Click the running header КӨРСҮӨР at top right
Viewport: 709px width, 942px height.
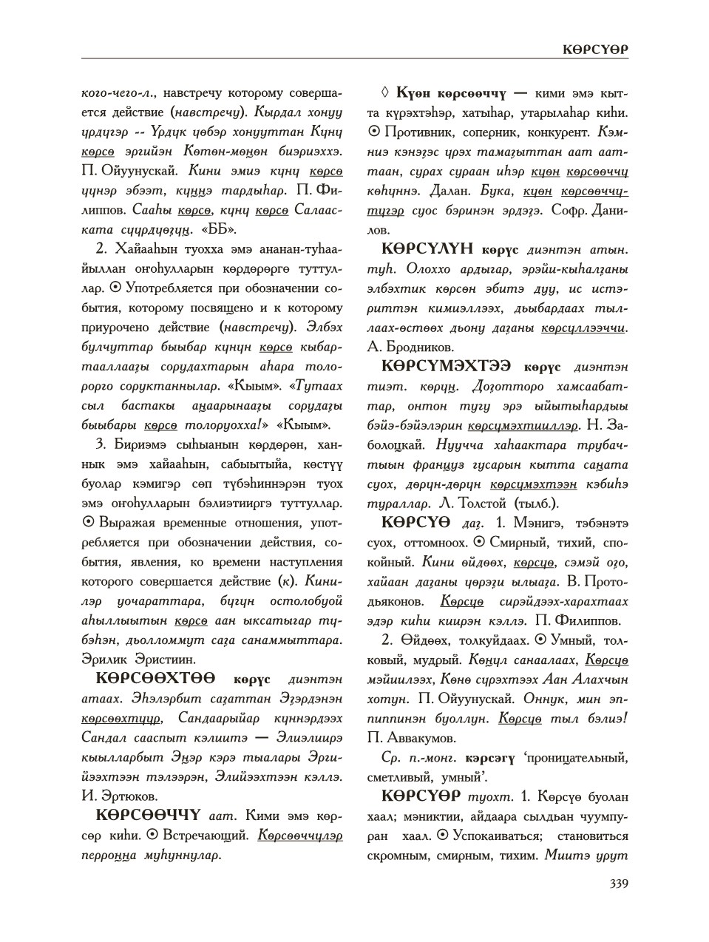tap(594, 49)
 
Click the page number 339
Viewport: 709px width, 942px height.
tap(618, 883)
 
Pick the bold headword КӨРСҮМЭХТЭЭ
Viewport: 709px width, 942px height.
tap(450, 367)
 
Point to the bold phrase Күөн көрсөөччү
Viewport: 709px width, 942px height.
tap(451, 94)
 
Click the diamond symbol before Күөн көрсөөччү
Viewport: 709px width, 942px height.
tap(384, 94)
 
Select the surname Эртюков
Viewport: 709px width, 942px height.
tap(121, 796)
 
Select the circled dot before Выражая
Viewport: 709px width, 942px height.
tap(88, 523)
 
